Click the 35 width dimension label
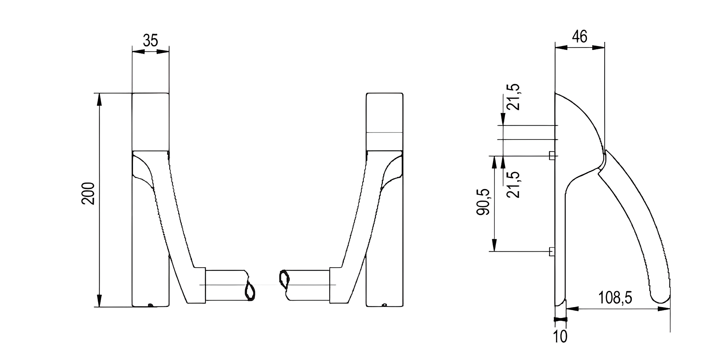pos(150,40)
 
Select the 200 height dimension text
pos(88,194)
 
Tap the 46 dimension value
pos(579,37)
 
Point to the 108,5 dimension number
pos(615,298)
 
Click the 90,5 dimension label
pos(483,202)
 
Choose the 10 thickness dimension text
pos(560,336)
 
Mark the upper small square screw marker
pos(552,156)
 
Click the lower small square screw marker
pos(552,251)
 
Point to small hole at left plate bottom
pos(151,305)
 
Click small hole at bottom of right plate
pos(385,305)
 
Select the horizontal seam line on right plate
pos(384,132)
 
